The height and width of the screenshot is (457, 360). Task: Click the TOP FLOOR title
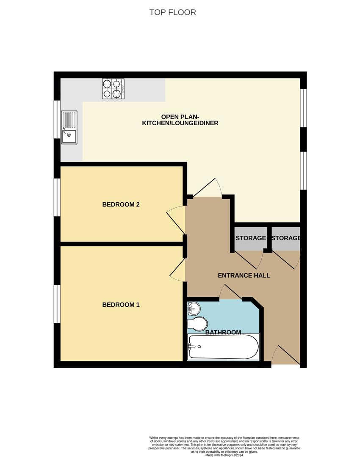point(172,12)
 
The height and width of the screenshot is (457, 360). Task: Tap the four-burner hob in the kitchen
point(113,89)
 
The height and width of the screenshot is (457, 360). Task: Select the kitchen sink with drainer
point(69,127)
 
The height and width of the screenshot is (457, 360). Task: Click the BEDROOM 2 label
point(121,204)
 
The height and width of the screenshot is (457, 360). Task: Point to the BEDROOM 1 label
point(121,305)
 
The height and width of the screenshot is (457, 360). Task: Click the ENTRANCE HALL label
point(244,275)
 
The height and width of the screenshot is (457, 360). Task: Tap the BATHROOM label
point(223,332)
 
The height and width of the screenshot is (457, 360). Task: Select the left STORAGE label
point(251,238)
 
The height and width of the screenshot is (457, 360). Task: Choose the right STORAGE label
point(286,238)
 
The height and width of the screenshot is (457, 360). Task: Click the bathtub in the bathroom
point(223,347)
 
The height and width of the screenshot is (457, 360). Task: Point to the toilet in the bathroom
point(197,324)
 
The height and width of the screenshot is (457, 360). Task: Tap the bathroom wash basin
point(193,308)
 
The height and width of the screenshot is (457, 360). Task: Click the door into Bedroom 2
point(176,220)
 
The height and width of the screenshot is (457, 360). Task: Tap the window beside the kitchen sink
point(57,119)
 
